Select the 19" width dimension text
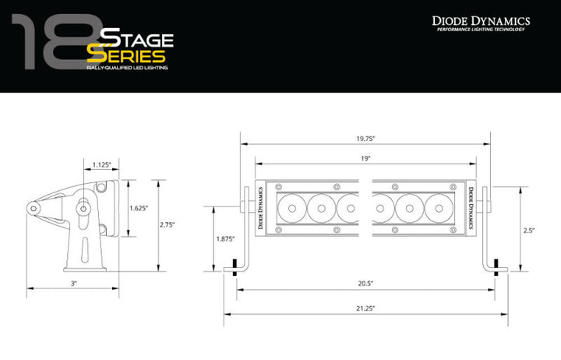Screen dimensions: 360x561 pyautogui.click(x=365, y=158)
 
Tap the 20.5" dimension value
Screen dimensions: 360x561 pyautogui.click(x=365, y=284)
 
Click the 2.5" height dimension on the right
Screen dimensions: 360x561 pyautogui.click(x=529, y=230)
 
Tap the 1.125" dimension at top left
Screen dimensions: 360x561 pyautogui.click(x=101, y=164)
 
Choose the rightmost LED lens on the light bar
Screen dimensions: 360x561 pyautogui.click(x=439, y=208)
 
